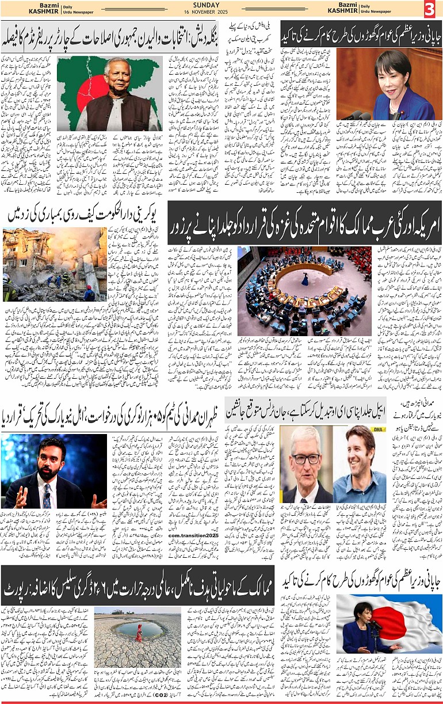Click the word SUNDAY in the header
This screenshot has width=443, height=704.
221,5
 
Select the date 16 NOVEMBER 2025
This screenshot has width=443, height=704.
221,12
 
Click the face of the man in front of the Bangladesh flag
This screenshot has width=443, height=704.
117,73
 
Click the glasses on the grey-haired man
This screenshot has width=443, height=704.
305,459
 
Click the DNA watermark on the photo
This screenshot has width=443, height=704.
379,430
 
